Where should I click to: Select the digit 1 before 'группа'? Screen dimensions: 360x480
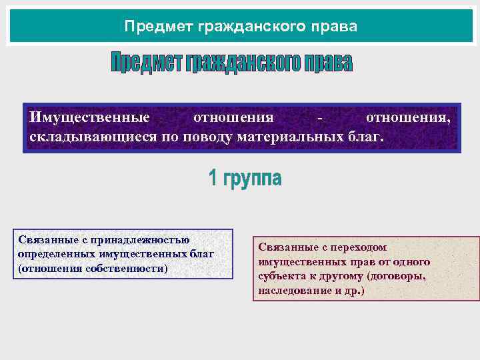coord(213,178)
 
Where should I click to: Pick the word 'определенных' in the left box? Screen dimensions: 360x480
coord(55,254)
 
